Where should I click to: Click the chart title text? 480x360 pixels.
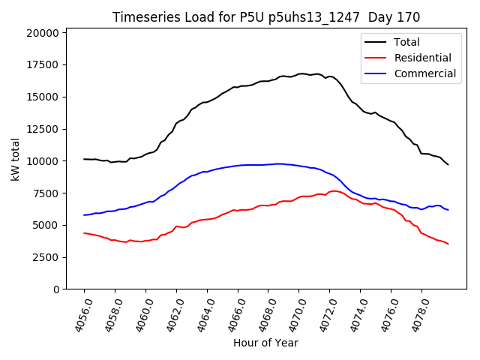266,17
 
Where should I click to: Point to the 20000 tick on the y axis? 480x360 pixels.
42,33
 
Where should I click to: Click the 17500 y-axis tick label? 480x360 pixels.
42,65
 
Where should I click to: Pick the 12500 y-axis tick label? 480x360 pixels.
42,129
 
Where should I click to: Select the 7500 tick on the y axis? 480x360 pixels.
45,193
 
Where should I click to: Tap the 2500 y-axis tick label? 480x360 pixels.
45,257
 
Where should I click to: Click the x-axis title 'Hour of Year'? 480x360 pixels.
265,343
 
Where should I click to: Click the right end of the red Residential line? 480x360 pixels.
448,244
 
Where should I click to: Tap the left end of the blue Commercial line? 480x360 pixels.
84,215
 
